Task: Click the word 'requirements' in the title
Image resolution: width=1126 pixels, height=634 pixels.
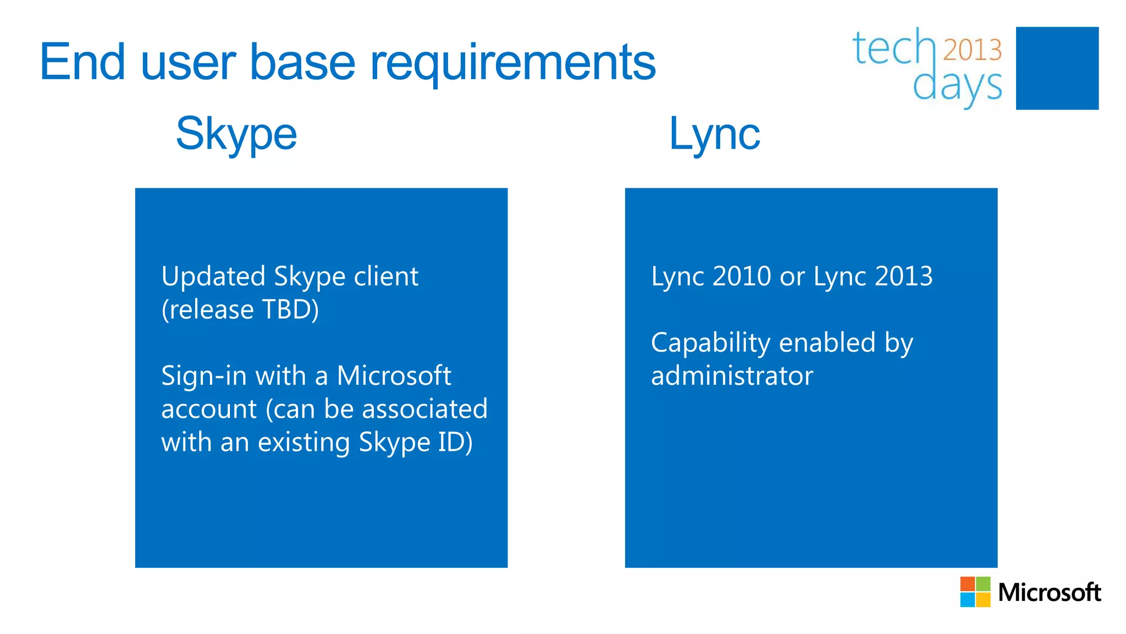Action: [x=512, y=63]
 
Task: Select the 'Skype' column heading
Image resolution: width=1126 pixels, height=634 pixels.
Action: [x=236, y=134]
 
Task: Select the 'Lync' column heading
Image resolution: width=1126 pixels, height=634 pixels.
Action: [x=714, y=134]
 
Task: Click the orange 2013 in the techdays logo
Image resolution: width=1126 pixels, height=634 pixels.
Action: [x=972, y=50]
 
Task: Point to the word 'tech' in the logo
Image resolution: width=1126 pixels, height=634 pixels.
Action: [x=893, y=48]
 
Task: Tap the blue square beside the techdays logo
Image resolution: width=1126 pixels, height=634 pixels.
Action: [x=1057, y=68]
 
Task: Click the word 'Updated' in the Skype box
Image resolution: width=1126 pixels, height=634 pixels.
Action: [x=213, y=277]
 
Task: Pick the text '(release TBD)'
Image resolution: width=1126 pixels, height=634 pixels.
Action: [x=240, y=309]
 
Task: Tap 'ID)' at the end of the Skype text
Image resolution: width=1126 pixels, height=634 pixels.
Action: [x=455, y=442]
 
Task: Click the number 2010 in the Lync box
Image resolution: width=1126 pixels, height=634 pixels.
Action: [x=742, y=276]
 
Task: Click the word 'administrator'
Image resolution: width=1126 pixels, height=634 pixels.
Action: [x=732, y=376]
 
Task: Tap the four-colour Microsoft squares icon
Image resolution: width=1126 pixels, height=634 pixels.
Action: [x=975, y=592]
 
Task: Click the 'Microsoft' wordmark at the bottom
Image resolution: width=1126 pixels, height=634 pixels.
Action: [x=1049, y=593]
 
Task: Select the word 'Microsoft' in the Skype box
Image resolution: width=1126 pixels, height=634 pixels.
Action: [x=394, y=376]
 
